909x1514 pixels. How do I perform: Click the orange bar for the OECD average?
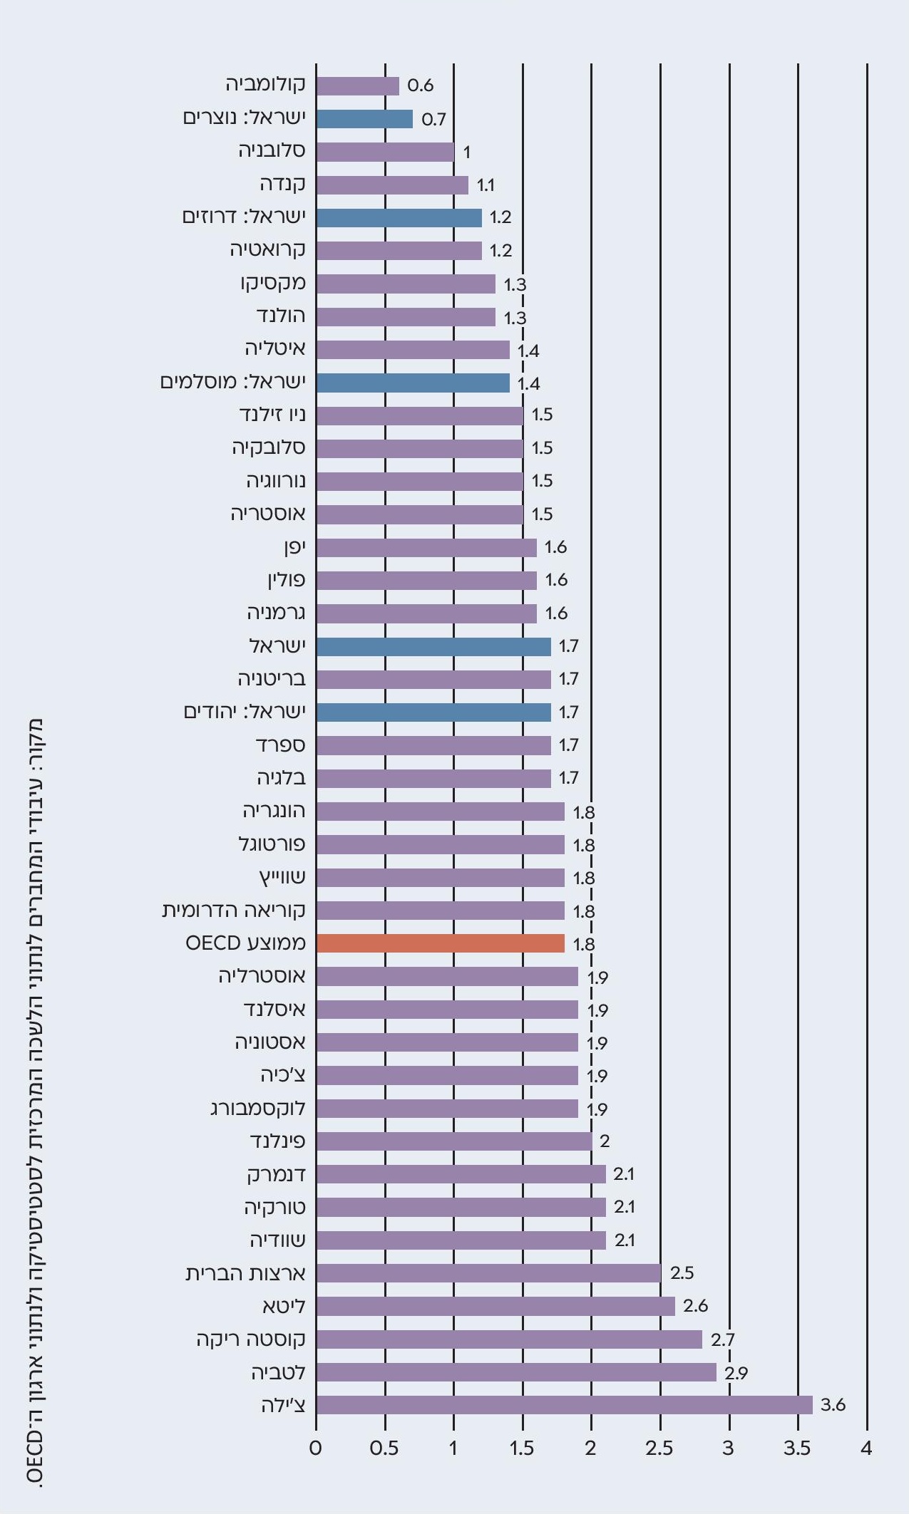[440, 943]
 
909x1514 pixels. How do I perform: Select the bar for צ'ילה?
[564, 1405]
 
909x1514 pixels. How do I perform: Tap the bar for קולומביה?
[357, 85]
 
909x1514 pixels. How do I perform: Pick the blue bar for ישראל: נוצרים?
[364, 118]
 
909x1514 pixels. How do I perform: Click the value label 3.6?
[833, 1405]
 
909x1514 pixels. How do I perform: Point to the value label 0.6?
[420, 85]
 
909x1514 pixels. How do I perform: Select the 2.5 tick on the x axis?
[659, 1448]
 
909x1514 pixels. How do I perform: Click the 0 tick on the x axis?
[316, 1448]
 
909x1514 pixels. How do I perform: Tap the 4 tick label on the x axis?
[866, 1448]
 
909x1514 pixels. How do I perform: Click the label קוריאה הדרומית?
[234, 911]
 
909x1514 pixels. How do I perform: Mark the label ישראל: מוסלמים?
[232, 383]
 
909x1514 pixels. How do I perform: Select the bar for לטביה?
[516, 1372]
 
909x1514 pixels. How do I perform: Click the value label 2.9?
[736, 1372]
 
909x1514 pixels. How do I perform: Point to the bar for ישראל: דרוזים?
[399, 217]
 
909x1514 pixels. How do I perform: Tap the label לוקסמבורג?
[257, 1109]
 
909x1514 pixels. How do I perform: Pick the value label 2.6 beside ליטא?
[695, 1306]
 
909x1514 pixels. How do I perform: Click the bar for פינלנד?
[453, 1141]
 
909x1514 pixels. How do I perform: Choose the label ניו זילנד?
[272, 415]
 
